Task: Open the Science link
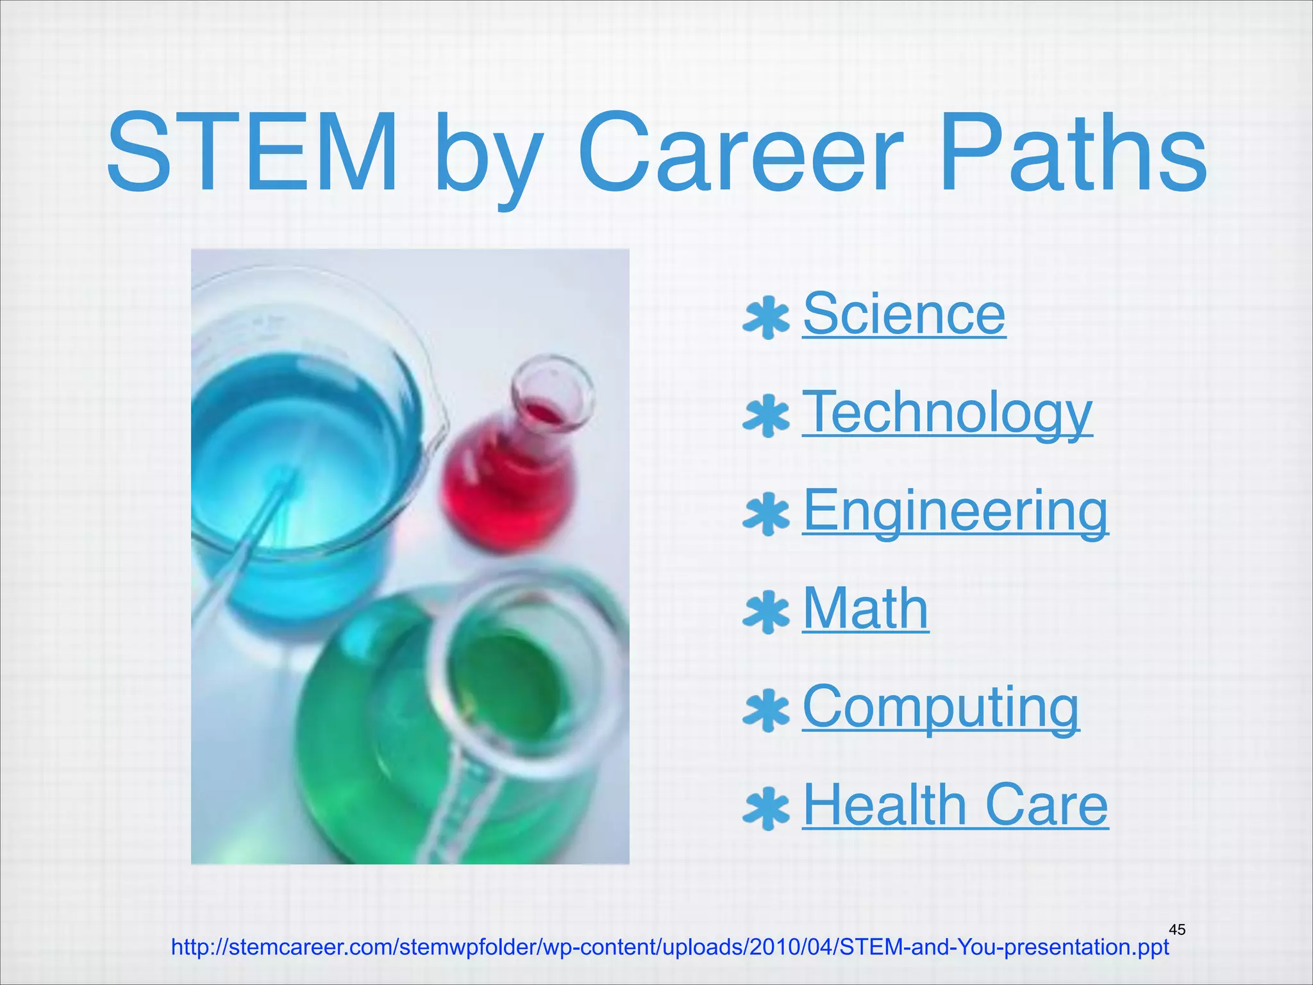[x=904, y=314]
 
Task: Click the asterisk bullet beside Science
[x=765, y=317]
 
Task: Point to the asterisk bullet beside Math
[x=765, y=612]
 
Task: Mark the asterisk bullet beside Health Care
[x=765, y=809]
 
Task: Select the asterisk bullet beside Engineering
[x=765, y=514]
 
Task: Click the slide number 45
[x=1177, y=929]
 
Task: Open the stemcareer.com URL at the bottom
[x=670, y=947]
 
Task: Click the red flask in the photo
[x=513, y=475]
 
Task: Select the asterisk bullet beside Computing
[x=765, y=711]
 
